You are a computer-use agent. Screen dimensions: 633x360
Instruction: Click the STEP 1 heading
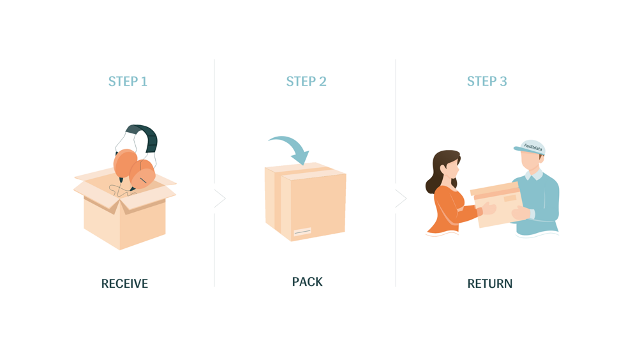tap(128, 82)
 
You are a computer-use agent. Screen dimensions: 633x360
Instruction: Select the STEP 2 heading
tap(306, 82)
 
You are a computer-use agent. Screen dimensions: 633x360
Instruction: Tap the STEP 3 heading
tap(487, 82)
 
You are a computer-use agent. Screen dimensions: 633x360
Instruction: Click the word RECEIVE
tap(124, 283)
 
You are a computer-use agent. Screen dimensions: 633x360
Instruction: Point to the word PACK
tap(307, 281)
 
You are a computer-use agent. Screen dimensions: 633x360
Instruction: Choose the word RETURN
tap(489, 283)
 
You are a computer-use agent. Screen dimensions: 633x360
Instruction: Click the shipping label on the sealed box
tap(302, 232)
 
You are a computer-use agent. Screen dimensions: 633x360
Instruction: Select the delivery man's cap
tap(530, 147)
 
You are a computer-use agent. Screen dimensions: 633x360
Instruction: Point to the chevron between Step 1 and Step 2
tap(220, 199)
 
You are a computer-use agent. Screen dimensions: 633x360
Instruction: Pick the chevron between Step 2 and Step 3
tap(401, 199)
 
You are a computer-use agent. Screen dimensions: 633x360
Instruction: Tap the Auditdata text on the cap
tap(533, 147)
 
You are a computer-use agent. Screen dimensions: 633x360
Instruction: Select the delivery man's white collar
tap(533, 175)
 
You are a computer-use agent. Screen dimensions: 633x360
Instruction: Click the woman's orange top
tap(449, 210)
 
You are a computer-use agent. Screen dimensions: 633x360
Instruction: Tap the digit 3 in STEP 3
tap(503, 82)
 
